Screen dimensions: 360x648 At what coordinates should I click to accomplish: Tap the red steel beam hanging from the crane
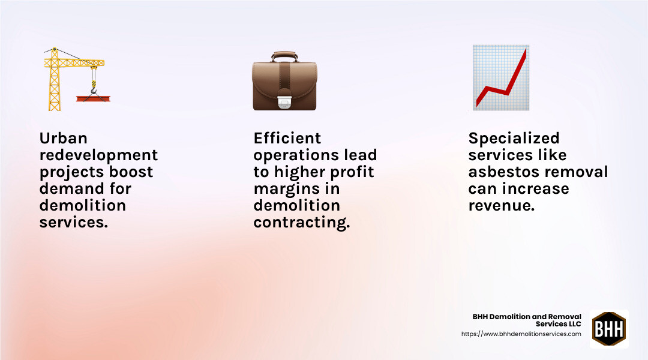[x=93, y=98]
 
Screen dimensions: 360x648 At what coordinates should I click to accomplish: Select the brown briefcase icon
[x=284, y=81]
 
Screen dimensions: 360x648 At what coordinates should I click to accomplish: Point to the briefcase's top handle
[x=284, y=56]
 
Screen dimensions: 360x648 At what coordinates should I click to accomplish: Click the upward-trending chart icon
[x=501, y=78]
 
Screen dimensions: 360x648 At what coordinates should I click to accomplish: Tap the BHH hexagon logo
[x=609, y=329]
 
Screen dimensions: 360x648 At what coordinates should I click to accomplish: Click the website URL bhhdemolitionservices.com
[x=521, y=334]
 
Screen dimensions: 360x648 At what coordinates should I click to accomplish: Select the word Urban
[x=63, y=138]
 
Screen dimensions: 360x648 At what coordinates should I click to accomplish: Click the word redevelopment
[x=98, y=155]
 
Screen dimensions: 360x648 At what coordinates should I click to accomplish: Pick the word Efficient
[x=287, y=138]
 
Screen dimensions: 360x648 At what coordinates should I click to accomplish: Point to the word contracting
[x=301, y=222]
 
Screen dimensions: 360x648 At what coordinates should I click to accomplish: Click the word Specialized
[x=514, y=138]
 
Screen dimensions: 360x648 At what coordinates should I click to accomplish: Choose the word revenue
[x=501, y=205]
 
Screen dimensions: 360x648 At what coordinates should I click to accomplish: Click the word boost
[x=131, y=172]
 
